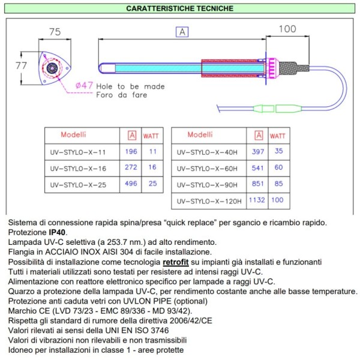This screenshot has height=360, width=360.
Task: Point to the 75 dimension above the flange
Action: pos(55,32)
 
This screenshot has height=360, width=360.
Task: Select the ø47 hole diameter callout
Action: pos(84,85)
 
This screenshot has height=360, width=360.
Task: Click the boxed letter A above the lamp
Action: pos(182,32)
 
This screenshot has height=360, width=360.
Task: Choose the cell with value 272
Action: pos(131,168)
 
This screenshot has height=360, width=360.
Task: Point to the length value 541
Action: pos(259,168)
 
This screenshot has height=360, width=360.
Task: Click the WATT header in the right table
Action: pos(277,136)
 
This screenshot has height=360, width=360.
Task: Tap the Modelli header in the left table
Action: pos(73,134)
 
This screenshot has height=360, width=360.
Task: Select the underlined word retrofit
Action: pos(178,262)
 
